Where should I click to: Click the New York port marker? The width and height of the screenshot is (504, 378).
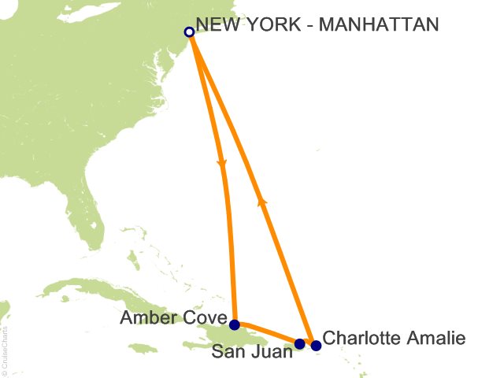point(189,32)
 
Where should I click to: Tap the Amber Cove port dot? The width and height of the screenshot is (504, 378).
point(235,324)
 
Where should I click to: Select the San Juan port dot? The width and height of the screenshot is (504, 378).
point(299,344)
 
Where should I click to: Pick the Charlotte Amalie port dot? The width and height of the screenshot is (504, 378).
point(316,345)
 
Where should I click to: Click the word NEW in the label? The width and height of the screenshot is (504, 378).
point(217,26)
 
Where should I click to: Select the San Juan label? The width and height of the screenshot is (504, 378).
point(253,352)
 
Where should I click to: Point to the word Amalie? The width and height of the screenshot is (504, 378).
point(437,339)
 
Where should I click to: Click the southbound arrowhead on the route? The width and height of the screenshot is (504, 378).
point(223,165)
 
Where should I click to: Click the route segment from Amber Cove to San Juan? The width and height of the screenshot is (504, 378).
point(268,333)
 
